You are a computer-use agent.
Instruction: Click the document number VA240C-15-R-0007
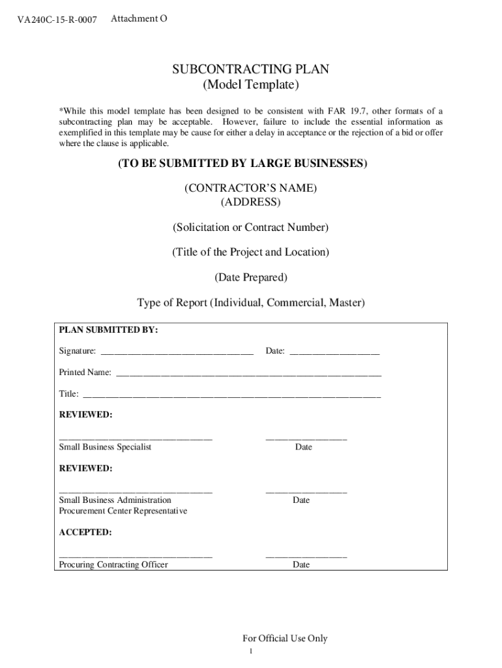[57, 20]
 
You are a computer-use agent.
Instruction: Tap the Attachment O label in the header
[139, 19]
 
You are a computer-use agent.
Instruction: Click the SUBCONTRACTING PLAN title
[250, 70]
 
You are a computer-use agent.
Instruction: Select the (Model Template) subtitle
[250, 85]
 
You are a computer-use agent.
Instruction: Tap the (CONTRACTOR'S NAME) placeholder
[250, 189]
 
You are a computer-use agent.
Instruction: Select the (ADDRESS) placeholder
[250, 202]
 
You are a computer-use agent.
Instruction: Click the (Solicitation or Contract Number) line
[250, 228]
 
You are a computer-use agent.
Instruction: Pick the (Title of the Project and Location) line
[250, 252]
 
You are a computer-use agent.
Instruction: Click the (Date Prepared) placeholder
[250, 278]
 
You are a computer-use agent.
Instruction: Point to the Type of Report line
[250, 303]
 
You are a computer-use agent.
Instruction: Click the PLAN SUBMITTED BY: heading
[108, 330]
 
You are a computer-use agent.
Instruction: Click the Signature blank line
[176, 352]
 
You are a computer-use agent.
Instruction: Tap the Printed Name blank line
[248, 374]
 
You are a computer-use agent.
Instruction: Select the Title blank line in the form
[231, 395]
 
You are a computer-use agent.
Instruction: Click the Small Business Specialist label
[105, 448]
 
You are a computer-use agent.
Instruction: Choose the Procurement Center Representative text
[123, 511]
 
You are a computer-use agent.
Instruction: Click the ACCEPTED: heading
[85, 532]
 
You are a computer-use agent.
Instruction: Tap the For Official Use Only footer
[284, 639]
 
